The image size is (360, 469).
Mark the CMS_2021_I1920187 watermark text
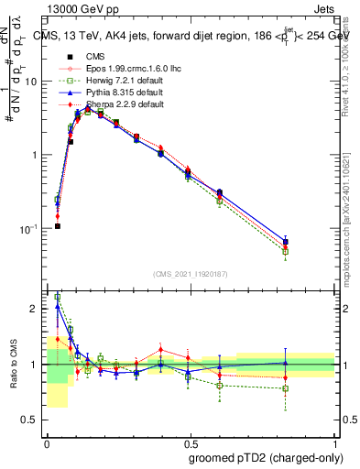point(191,274)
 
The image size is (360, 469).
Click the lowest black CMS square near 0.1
point(58,226)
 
